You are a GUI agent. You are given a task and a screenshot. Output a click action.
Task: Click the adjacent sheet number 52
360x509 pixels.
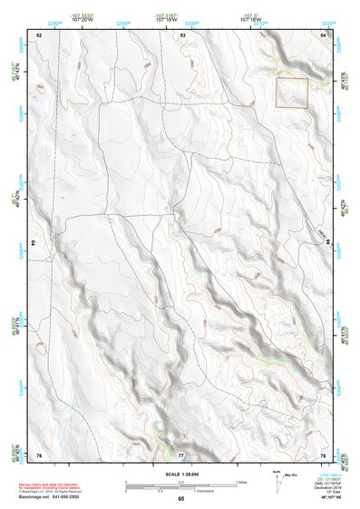[39, 34]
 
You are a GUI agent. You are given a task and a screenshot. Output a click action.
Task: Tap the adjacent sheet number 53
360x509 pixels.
[182, 34]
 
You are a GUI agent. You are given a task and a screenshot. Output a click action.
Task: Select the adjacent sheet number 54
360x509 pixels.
[324, 34]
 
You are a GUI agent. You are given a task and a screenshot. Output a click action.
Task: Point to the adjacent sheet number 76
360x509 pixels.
[39, 455]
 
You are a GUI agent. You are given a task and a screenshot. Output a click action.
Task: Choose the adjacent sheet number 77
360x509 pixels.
[181, 455]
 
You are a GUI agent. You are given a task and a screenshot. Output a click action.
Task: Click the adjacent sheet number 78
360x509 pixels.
[324, 455]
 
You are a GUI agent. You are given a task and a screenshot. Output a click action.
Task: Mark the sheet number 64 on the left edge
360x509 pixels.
[33, 243]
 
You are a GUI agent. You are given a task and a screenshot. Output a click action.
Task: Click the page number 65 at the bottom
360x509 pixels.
[181, 499]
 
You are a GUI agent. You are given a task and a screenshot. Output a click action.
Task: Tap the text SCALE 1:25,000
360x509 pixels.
[180, 473]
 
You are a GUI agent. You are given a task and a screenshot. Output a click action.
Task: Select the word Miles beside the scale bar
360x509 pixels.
[240, 482]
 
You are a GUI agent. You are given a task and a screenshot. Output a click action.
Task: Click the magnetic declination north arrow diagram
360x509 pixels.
[280, 481]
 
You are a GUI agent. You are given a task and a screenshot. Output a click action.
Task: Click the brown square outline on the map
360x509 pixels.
[292, 93]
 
